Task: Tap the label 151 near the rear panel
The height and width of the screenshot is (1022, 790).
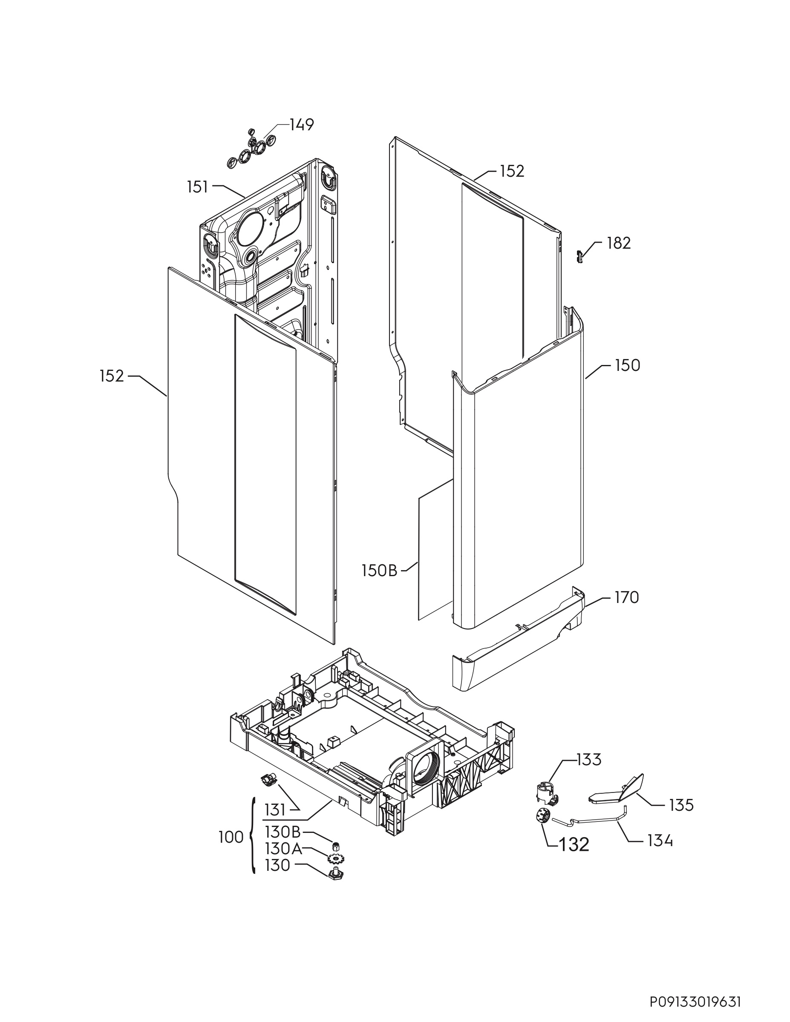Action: (198, 187)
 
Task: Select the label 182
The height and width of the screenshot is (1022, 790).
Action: (619, 243)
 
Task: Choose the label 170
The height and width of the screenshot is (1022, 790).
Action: (626, 597)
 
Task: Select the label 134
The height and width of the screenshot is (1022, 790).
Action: (660, 841)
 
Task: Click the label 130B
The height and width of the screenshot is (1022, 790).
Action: (283, 833)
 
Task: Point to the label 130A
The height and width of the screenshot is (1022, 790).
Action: (283, 848)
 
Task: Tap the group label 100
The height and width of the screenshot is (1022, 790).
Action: (231, 838)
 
